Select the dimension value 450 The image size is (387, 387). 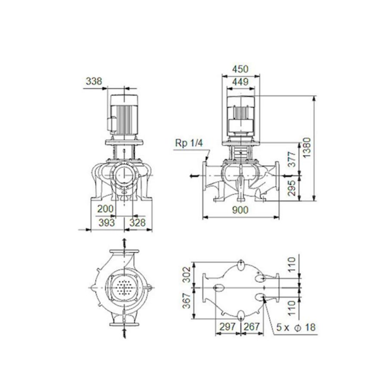point(240,69)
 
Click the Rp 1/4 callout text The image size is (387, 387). point(188,143)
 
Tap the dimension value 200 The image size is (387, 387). point(105,209)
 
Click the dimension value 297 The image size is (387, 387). point(227,327)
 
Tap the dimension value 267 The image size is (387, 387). point(252,327)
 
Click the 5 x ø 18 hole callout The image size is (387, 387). point(296,327)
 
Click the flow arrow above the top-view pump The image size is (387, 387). point(124,242)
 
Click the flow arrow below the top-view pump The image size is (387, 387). point(124,332)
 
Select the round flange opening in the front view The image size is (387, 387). point(124,175)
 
